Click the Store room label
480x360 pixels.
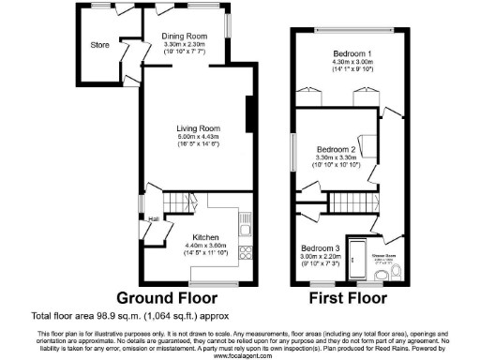point(100,44)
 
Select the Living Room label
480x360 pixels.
point(198,127)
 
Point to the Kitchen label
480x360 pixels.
point(206,236)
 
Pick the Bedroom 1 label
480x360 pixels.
point(352,52)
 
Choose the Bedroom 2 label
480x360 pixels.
point(335,149)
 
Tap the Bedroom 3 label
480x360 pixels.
point(320,247)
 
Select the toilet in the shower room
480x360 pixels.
point(397,272)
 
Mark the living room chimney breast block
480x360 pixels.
point(249,116)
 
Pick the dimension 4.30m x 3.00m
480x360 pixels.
point(352,62)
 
